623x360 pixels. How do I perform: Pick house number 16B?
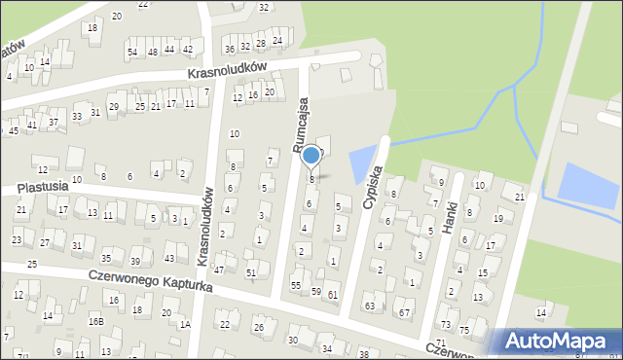tap(96, 320)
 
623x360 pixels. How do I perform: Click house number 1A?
tap(185, 324)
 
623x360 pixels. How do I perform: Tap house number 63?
tap(370, 306)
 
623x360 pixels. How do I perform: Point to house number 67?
tap(404, 312)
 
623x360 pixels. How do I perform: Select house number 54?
tap(132, 52)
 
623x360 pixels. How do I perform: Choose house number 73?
tap(445, 324)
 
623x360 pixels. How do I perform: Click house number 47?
tap(220, 270)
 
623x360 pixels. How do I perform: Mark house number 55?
tap(296, 285)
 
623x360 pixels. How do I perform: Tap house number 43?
tap(169, 258)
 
